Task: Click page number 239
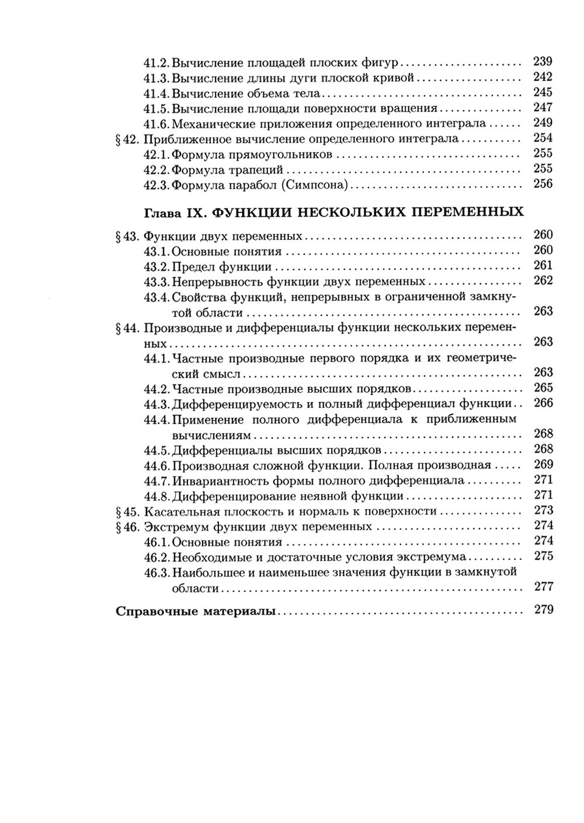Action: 543,61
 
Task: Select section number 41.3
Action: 157,77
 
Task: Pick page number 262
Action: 543,281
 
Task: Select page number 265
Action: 543,388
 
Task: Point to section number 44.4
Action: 157,419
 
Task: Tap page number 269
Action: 543,465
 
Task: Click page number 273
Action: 543,510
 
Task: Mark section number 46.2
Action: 157,556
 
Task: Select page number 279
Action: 543,611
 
